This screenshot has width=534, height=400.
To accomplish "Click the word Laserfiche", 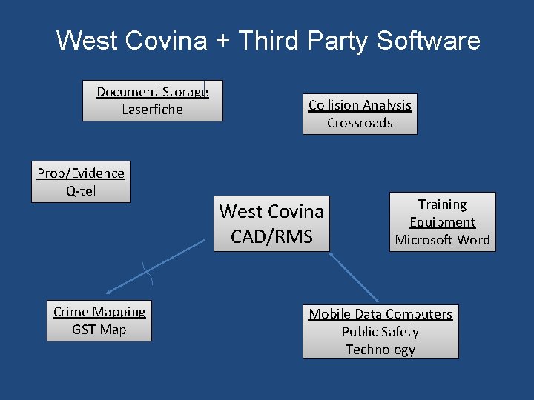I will [x=152, y=110].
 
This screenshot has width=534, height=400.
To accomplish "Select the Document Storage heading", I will [x=152, y=92].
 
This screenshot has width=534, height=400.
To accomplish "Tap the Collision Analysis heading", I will [x=360, y=105].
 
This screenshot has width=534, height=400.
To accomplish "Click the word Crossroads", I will [x=360, y=123].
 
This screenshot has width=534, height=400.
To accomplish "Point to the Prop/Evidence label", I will [x=81, y=173].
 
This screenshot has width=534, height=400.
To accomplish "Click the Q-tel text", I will [x=81, y=191].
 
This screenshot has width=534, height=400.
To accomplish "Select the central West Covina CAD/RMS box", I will [x=271, y=224].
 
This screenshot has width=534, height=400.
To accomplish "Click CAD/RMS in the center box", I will [x=271, y=237].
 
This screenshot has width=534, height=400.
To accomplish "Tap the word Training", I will [x=442, y=204].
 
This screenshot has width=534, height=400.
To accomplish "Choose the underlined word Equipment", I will [x=442, y=222].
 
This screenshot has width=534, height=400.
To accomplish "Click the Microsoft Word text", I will [x=442, y=240].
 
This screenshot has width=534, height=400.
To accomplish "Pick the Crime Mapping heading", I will [x=99, y=312].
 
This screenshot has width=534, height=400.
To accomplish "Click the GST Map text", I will [x=99, y=330].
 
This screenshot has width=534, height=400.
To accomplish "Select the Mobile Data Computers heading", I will [x=380, y=314].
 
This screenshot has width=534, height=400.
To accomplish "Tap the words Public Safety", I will [x=380, y=332].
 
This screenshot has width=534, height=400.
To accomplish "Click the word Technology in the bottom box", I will [x=380, y=350].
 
